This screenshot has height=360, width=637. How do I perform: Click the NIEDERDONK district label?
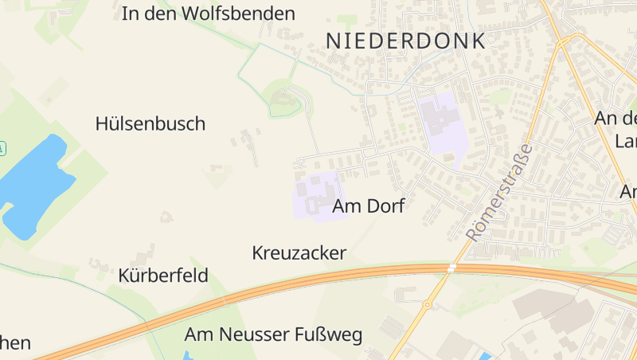point(406,41)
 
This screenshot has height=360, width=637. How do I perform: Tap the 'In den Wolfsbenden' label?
point(209,14)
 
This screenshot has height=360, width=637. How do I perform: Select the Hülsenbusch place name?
point(150,123)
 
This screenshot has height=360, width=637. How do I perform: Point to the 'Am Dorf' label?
point(369,206)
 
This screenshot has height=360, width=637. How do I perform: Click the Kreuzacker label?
point(299,253)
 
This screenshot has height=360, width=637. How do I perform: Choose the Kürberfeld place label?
point(163,276)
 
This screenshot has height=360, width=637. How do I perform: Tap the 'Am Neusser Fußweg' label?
point(273,334)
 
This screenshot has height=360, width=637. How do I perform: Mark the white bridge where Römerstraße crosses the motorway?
point(452,268)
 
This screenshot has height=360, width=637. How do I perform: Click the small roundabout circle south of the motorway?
point(428,304)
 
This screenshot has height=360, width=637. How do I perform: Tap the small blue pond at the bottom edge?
point(485,355)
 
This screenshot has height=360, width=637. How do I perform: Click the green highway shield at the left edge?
point(2,148)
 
